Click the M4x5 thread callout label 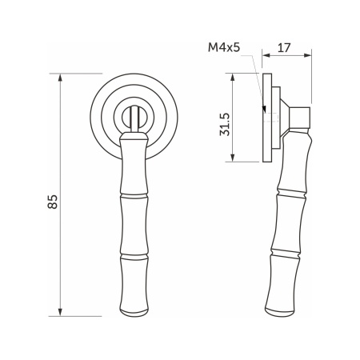pyautogui.click(x=226, y=47)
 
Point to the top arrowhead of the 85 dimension pyautogui.click(x=62, y=77)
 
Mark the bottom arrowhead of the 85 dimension pyautogui.click(x=62, y=314)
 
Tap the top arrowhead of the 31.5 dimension pyautogui.click(x=234, y=75)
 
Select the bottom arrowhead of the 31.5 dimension pyautogui.click(x=234, y=160)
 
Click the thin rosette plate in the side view pyautogui.click(x=266, y=118)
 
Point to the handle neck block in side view pyautogui.click(x=301, y=118)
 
